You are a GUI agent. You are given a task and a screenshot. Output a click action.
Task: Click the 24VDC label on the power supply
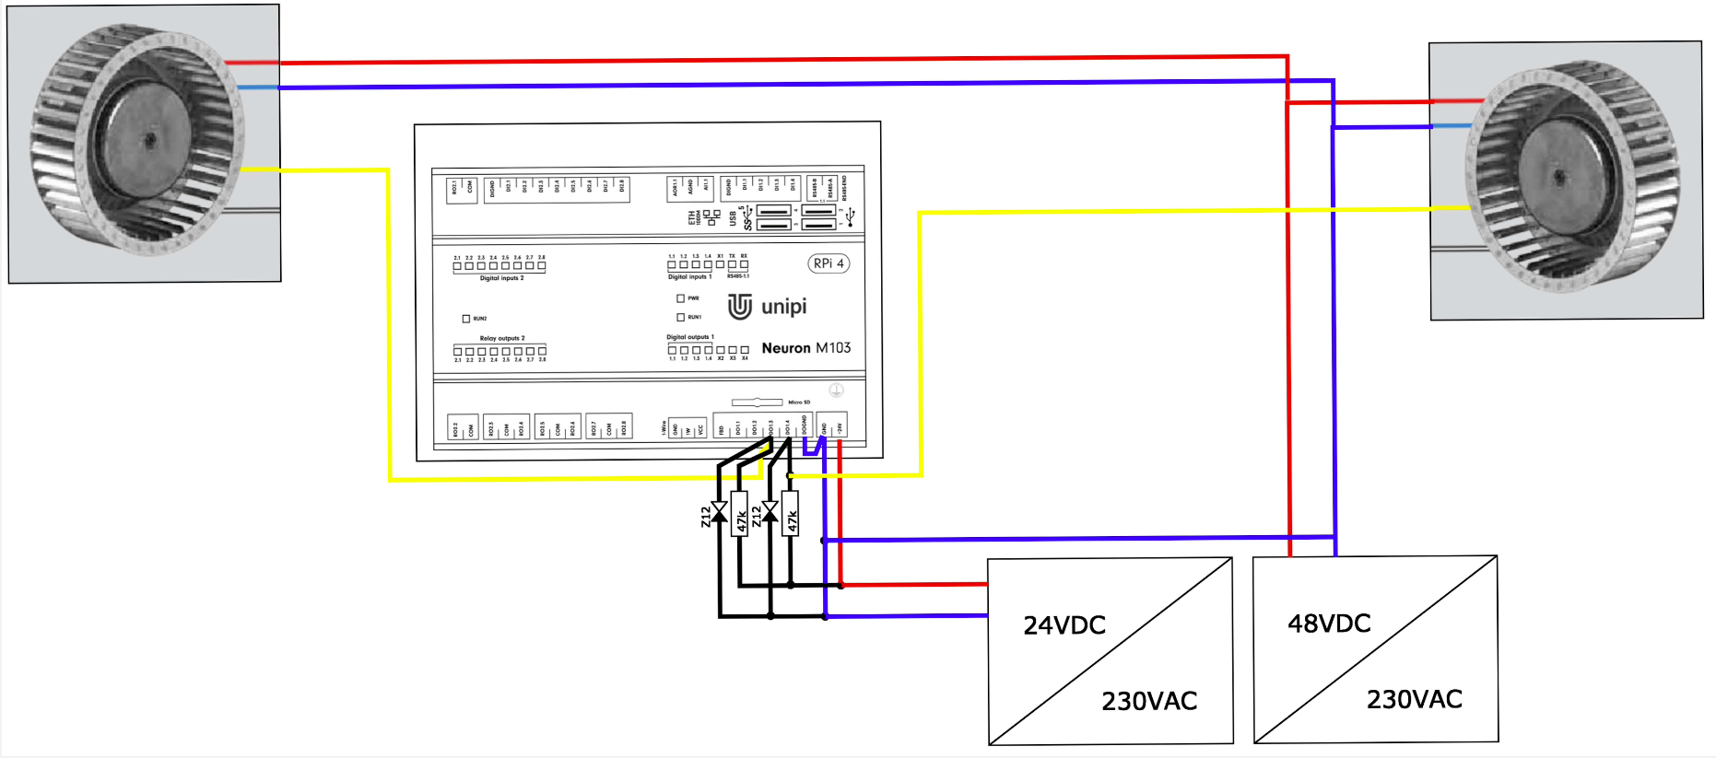[x=1064, y=625]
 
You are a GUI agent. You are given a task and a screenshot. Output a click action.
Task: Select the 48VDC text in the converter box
[x=1328, y=624]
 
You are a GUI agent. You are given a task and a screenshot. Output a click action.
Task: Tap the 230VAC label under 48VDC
[x=1414, y=699]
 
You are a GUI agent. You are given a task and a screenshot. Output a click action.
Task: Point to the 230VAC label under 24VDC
[x=1148, y=701]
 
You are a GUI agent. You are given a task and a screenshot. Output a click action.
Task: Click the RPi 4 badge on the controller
[x=828, y=263]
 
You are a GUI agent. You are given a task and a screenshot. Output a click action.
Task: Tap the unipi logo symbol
[x=739, y=306]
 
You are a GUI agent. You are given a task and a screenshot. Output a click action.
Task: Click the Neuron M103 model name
[x=805, y=348]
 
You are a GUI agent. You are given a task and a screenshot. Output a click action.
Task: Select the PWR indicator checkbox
[x=680, y=298]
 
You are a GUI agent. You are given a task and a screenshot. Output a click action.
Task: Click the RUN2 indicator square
[x=465, y=319]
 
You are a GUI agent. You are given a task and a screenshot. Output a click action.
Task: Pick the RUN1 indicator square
[x=680, y=317]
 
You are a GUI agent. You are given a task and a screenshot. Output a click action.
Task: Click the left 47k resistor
[x=740, y=513]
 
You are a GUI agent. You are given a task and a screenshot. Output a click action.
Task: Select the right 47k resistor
[x=791, y=513]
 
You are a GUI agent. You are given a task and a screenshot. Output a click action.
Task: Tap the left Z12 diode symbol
[x=719, y=512]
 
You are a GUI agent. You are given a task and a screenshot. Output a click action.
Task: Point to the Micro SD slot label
[x=798, y=402]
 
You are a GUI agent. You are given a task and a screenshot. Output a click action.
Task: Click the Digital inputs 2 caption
[x=500, y=278]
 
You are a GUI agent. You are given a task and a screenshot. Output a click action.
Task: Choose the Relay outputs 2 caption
[x=501, y=338]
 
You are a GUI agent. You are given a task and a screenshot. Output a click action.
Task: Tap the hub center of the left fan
[x=149, y=140]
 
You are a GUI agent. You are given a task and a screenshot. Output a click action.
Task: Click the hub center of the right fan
[x=1558, y=177]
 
